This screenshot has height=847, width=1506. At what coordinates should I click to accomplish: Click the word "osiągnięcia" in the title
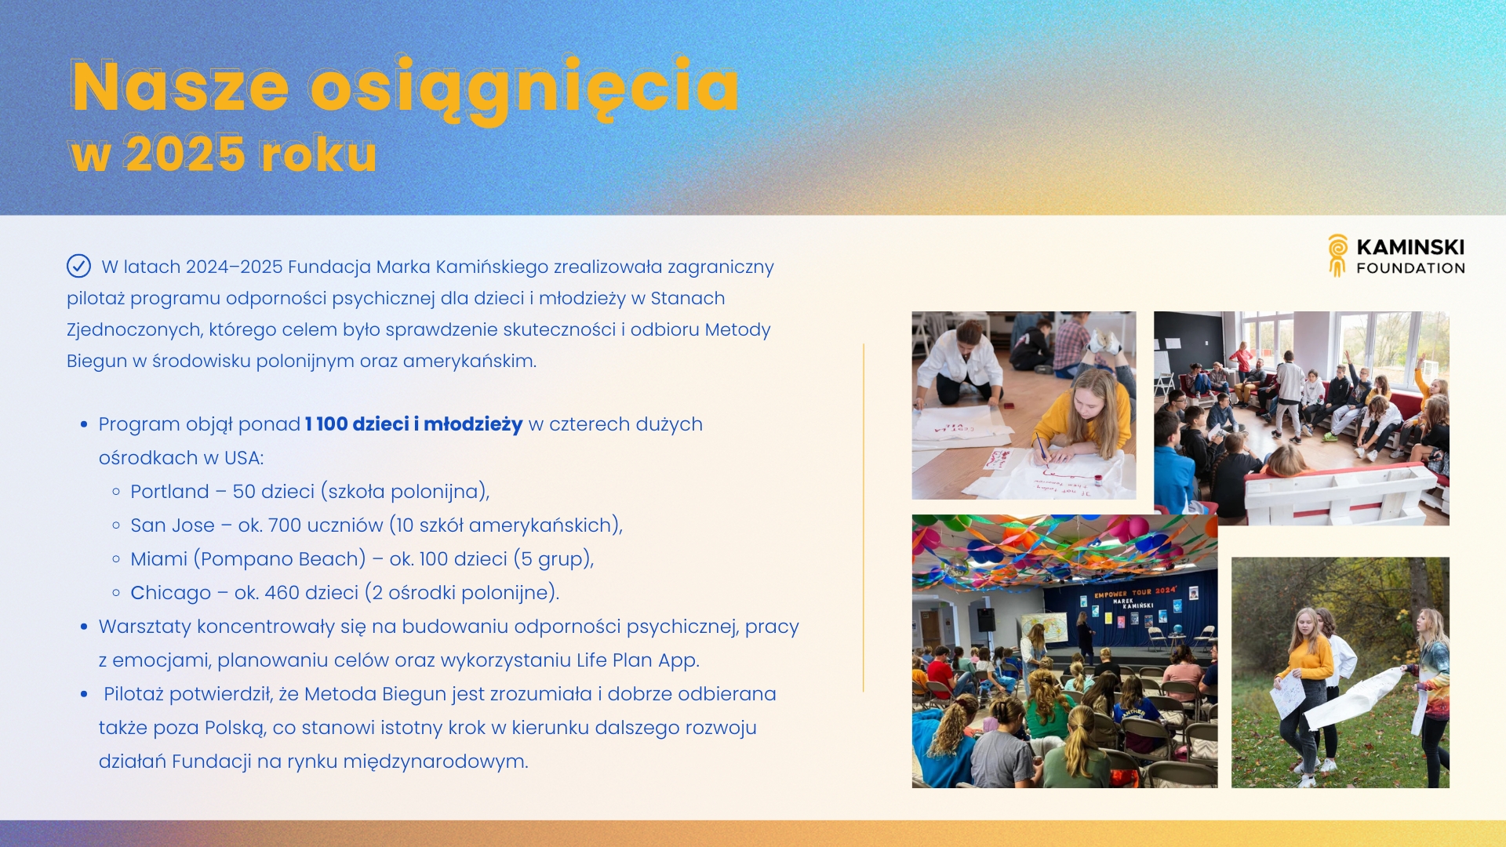coord(524,88)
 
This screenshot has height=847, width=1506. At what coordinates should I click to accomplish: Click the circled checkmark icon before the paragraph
coord(78,267)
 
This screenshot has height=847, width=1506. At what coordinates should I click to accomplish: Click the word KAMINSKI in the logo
coord(1410,247)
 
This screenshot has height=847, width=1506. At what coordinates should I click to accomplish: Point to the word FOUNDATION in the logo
coord(1410,268)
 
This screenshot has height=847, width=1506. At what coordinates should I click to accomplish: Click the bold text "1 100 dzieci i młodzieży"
coord(413,424)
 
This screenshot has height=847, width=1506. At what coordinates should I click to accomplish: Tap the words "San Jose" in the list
coord(173,525)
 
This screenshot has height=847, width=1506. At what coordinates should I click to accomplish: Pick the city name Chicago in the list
coord(171,593)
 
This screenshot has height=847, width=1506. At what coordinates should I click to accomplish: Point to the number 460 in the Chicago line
coord(281,593)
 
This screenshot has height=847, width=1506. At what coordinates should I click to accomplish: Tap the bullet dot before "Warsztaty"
coord(84,627)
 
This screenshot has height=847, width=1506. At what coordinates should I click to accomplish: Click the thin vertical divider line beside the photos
coord(863,518)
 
